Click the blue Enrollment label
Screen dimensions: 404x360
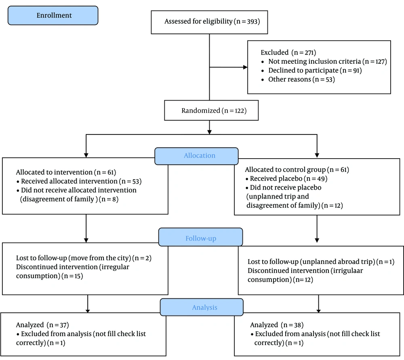click(53, 15)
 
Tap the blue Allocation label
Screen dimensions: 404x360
click(196, 156)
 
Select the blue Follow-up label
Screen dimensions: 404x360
click(200, 237)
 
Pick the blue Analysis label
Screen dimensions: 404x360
click(202, 307)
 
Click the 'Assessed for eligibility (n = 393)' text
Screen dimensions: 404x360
click(212, 21)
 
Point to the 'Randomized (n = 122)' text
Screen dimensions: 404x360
click(214, 111)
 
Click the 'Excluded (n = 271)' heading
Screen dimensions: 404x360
click(288, 52)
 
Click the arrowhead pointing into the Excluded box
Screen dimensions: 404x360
click(245, 67)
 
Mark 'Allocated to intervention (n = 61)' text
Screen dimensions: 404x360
click(66, 172)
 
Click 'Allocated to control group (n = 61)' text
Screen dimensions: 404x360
click(297, 170)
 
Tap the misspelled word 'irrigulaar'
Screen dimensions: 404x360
click(347, 271)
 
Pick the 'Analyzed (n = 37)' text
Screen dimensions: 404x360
click(42, 325)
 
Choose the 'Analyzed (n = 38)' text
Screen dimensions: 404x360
click(277, 325)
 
